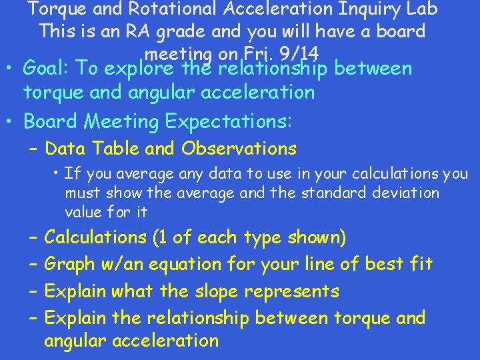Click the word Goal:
(47, 69)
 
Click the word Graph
(71, 265)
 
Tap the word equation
(185, 265)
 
